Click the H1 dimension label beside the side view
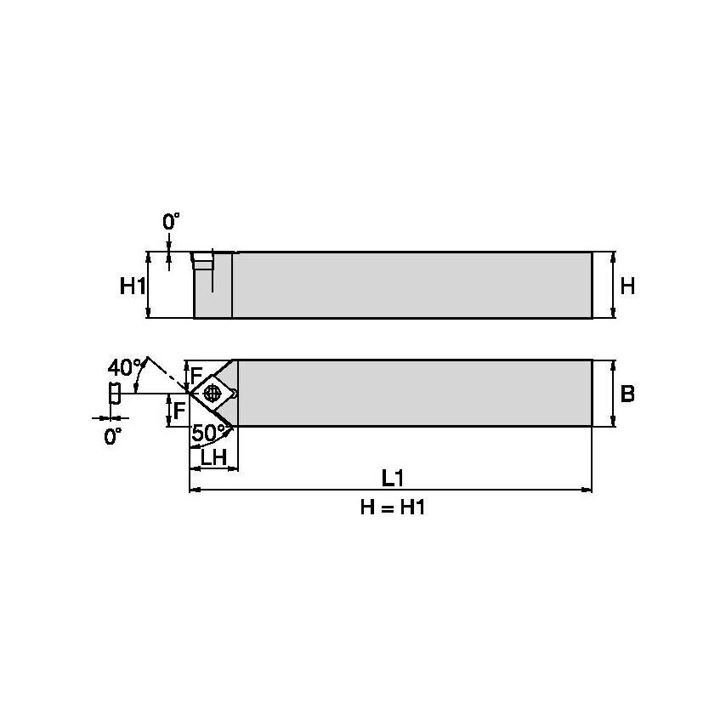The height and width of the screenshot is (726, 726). tap(132, 286)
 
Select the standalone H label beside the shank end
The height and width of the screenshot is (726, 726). tap(627, 286)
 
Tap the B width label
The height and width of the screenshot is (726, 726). tap(627, 394)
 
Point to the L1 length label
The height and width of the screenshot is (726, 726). tap(392, 478)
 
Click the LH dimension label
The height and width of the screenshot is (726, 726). tap(213, 458)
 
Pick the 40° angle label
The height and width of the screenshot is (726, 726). tap(124, 368)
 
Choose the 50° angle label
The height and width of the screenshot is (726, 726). tap(208, 433)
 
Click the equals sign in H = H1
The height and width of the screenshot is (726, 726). tap(392, 508)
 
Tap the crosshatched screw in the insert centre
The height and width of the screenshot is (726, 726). tap(213, 393)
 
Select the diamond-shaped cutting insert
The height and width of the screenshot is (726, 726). tap(213, 393)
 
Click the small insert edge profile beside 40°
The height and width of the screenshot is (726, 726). tap(114, 394)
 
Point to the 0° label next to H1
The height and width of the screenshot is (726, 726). tap(172, 222)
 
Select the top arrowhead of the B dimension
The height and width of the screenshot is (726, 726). tap(614, 365)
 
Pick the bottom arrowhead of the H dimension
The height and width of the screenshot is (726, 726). tap(614, 314)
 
